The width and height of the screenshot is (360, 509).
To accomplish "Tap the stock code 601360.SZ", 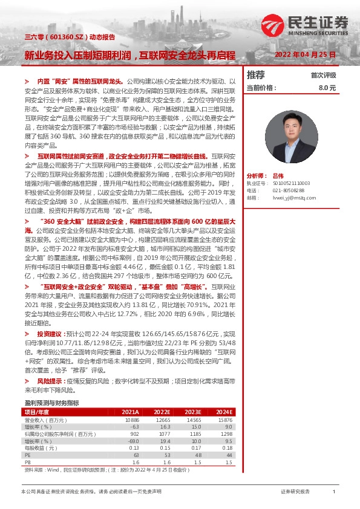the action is [56, 36].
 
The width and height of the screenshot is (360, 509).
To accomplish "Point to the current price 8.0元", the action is [327, 88].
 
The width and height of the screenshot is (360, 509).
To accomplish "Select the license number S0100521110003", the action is [291, 183].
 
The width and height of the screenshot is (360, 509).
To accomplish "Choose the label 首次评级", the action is [323, 76].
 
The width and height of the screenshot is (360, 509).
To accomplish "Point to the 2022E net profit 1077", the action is [163, 433].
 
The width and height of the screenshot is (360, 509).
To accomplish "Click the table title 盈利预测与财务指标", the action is [51, 403].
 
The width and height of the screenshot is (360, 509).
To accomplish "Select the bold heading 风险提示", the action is [49, 382].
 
